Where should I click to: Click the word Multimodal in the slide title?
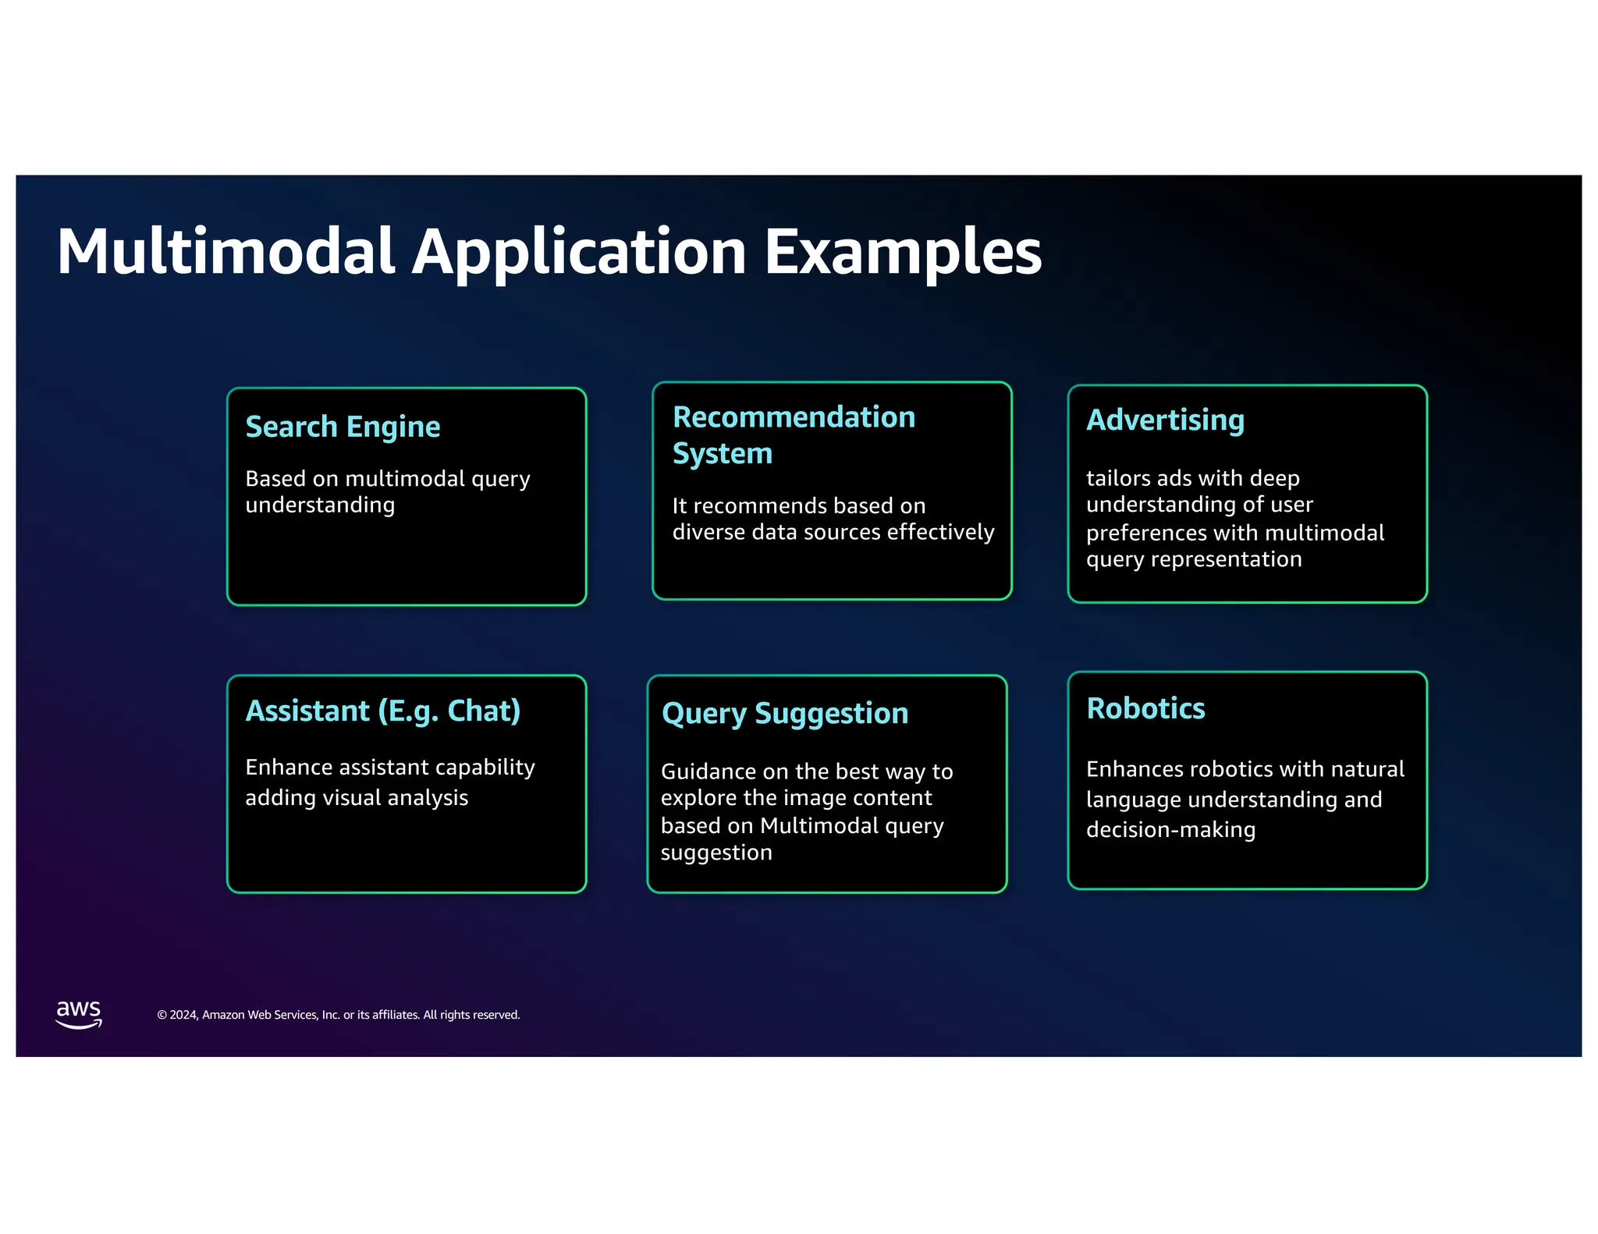tap(226, 251)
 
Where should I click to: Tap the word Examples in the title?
tap(903, 251)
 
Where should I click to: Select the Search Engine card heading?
tap(343, 427)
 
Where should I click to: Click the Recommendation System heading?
tap(793, 434)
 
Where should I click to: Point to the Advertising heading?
tap(1165, 420)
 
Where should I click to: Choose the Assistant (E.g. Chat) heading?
tap(382, 711)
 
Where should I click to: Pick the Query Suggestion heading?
tap(784, 714)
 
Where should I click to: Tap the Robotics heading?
tap(1145, 708)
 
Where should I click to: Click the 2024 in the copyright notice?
tap(183, 1015)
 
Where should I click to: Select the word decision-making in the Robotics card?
tap(1170, 829)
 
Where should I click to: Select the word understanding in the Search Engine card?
tap(320, 505)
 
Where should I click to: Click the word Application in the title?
tap(579, 251)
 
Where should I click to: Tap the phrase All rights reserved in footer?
tap(471, 1015)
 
